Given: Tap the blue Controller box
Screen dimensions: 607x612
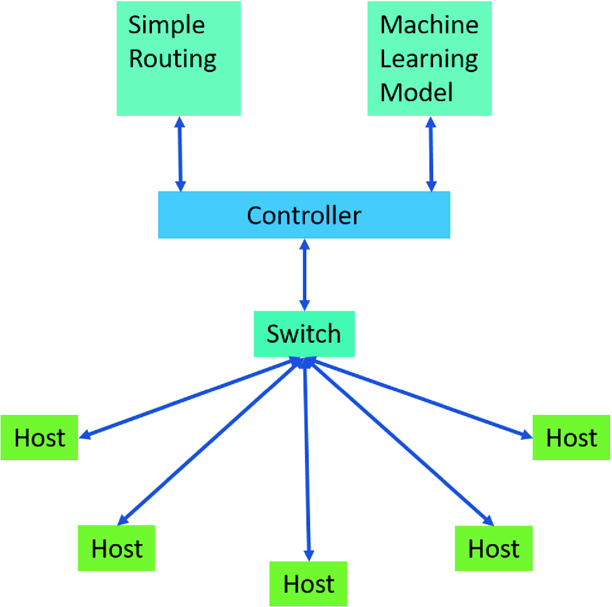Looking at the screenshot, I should pos(304,215).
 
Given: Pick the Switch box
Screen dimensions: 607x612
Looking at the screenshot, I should pos(304,334).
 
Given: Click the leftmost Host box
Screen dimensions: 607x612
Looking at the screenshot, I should pos(40,438).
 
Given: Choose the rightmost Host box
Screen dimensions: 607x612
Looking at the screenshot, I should pos(571,438).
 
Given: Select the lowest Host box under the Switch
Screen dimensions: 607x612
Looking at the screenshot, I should pos(308,584).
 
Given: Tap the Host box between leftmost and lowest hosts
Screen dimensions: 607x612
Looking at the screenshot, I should pos(117,548).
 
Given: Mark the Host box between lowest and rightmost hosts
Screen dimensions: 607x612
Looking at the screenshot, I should pos(494,548).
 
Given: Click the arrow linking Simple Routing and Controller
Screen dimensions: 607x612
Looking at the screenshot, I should pos(181,154).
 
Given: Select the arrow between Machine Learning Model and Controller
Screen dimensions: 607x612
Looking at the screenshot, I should pos(431,154).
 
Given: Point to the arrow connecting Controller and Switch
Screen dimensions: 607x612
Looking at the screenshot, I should pos(304,274).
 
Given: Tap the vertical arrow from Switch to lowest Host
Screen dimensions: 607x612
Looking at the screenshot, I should pos(306,458).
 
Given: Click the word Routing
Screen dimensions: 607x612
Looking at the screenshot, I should pos(173,59).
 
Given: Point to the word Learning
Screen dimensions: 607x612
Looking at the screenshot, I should pos(429,59).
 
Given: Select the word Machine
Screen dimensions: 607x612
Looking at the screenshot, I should pos(429,25).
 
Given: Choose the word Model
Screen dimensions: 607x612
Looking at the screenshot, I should pos(417,93).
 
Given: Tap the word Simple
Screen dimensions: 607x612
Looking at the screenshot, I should pos(166,25).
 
